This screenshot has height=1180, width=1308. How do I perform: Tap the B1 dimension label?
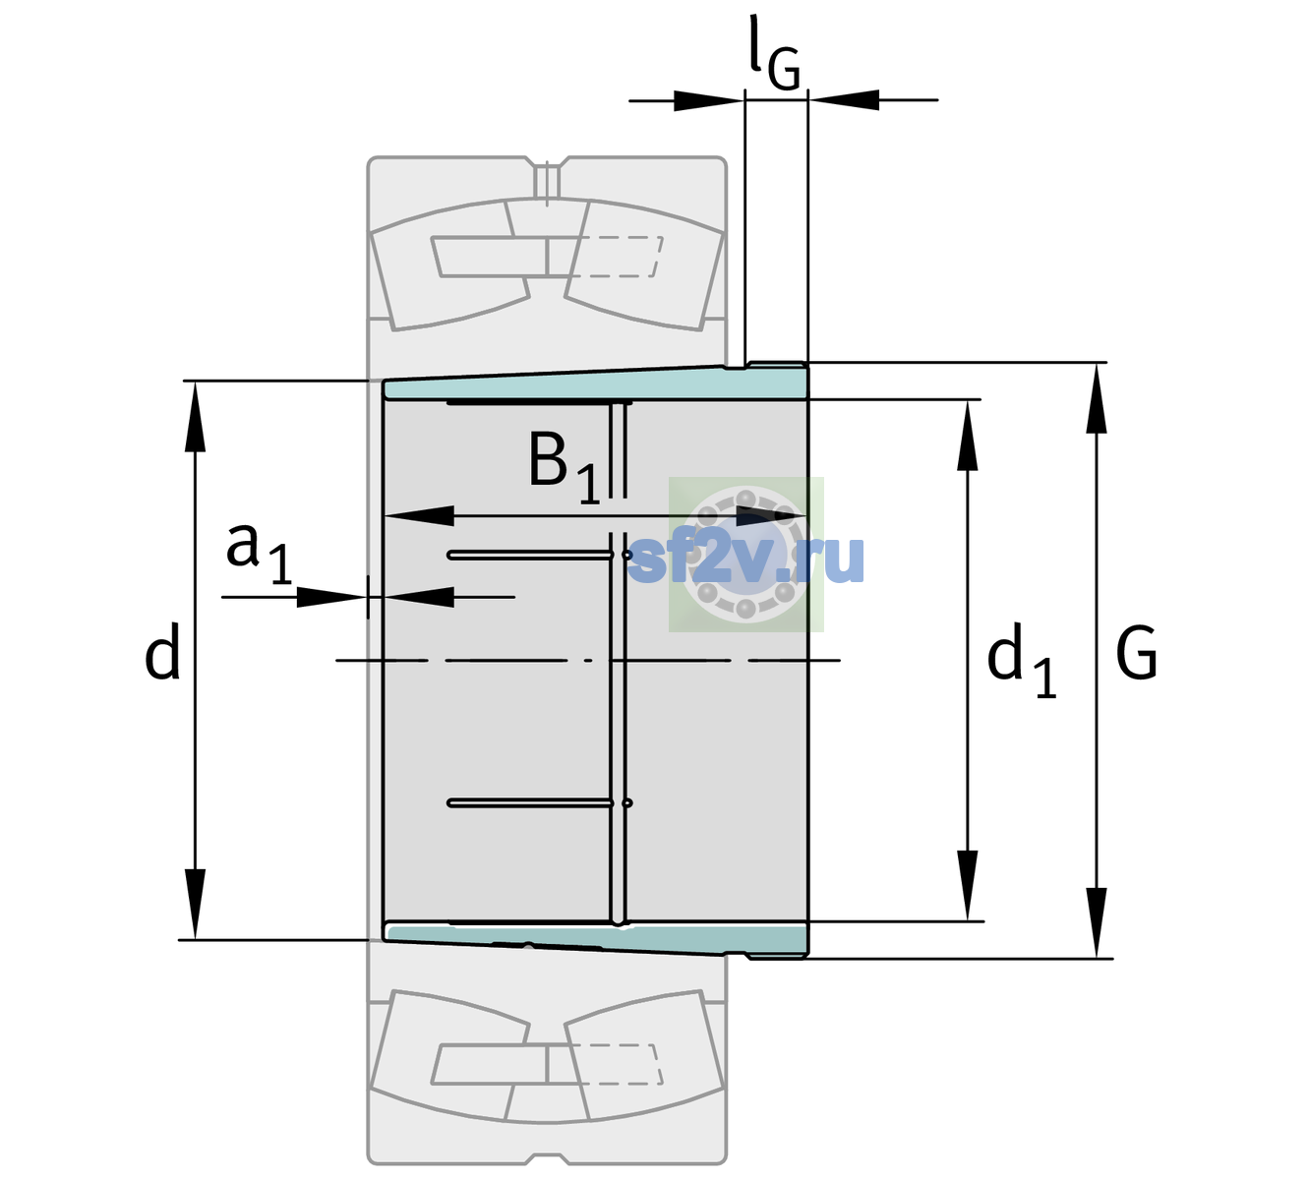(565, 465)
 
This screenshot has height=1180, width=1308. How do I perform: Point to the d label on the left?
(162, 651)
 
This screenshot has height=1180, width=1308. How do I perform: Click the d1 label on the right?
(1022, 660)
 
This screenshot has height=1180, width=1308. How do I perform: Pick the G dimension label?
(1136, 653)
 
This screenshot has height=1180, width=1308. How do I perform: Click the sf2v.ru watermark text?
(745, 560)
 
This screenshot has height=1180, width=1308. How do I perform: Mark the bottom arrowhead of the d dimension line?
(195, 905)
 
